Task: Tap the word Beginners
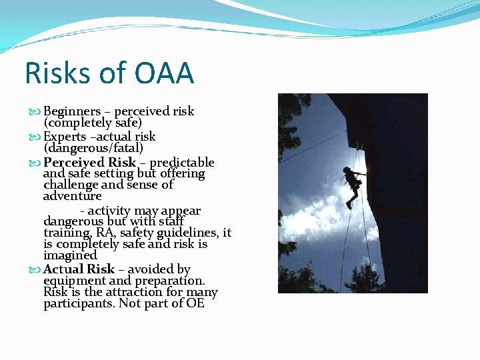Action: pyautogui.click(x=72, y=111)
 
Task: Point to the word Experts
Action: pyautogui.click(x=66, y=137)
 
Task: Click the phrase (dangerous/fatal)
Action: pyautogui.click(x=93, y=148)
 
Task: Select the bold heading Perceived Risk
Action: pyautogui.click(x=89, y=162)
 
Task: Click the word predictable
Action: pyautogui.click(x=182, y=162)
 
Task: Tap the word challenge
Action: pyautogui.click(x=71, y=185)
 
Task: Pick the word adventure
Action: pyautogui.click(x=72, y=196)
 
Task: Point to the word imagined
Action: pyautogui.click(x=70, y=255)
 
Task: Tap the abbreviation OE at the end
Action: pyautogui.click(x=195, y=303)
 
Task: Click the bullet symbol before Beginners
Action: pyautogui.click(x=36, y=112)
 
